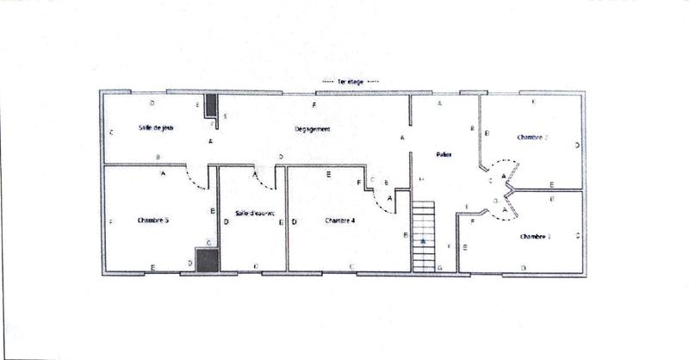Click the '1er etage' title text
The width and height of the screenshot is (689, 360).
[345, 81]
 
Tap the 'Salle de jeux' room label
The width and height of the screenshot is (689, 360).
[156, 128]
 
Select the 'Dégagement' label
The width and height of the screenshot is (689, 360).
[313, 129]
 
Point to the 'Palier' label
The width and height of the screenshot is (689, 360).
[444, 155]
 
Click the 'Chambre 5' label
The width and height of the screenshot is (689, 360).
[152, 220]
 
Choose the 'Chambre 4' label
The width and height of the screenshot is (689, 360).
[340, 220]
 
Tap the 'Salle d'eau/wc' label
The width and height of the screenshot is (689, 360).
[253, 214]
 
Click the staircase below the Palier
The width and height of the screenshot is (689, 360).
[424, 235]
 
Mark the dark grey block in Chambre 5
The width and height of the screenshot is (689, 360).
[206, 260]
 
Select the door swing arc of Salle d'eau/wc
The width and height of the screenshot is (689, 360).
[261, 177]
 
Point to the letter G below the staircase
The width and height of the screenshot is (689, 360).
[439, 269]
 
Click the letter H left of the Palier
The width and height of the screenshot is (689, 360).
[421, 178]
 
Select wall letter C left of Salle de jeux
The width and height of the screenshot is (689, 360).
[113, 133]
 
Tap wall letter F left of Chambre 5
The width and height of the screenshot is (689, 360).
[113, 221]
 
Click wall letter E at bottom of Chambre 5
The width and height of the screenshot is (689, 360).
[152, 268]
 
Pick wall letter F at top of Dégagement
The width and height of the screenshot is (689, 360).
[314, 104]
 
